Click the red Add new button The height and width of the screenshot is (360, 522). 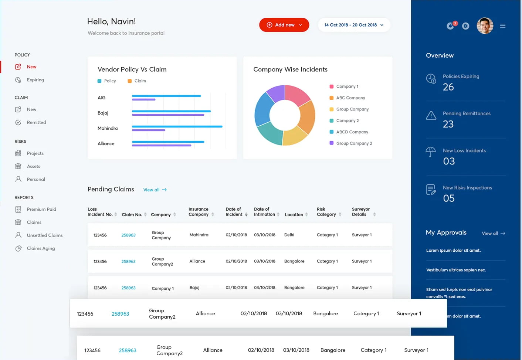(284, 25)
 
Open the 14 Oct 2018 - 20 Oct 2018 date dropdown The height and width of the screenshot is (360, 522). (354, 25)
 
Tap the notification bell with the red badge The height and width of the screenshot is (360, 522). (450, 26)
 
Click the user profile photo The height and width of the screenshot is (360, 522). (485, 26)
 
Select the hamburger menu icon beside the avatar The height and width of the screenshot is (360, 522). (503, 26)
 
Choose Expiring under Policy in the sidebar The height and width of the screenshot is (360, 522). (35, 80)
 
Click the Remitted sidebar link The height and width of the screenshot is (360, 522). (36, 122)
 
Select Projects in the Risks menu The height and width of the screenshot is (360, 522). (35, 153)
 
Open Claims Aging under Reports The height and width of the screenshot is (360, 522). (41, 248)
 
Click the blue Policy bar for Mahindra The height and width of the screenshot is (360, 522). (177, 126)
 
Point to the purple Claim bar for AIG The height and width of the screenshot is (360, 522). (143, 99)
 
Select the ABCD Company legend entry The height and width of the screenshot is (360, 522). (352, 132)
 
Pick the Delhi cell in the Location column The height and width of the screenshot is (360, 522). (289, 235)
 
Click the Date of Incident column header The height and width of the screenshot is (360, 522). (234, 212)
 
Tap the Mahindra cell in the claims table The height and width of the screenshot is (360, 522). (199, 235)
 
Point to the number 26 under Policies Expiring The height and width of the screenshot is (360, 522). (448, 87)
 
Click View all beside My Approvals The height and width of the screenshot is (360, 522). (493, 233)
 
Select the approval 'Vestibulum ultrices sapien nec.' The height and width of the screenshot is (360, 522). (456, 270)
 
